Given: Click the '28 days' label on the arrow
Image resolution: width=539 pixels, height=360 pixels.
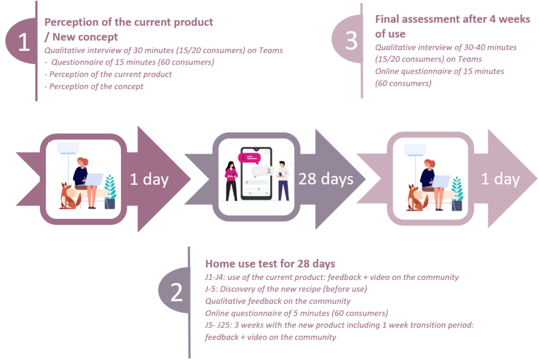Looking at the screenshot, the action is coord(325,179).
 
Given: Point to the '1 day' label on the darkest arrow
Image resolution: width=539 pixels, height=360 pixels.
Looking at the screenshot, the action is coord(149,179).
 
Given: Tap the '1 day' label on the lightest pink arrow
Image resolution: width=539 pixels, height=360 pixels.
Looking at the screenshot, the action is coord(500,179).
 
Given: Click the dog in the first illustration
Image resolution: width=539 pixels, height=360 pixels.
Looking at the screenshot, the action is coord(69,196).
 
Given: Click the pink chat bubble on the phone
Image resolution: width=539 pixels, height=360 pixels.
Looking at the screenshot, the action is coord(249,158).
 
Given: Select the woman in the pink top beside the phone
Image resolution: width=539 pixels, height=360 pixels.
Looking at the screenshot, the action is coord(232,181).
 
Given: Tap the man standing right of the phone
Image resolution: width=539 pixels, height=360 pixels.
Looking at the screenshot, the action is coord(283,181).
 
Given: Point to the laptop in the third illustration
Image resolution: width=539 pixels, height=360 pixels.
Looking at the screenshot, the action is coord(441,181).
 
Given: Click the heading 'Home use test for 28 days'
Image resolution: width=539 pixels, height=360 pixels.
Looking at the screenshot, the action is coord(270,264).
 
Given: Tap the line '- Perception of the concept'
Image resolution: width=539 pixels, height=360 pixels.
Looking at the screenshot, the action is coord(94,86).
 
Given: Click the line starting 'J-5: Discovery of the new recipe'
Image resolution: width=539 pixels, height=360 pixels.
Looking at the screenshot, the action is coord(286,289).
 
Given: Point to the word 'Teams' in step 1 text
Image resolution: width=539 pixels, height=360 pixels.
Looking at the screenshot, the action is coord(271,51).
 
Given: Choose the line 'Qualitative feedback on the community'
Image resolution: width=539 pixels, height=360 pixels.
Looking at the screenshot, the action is coord(278,301).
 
